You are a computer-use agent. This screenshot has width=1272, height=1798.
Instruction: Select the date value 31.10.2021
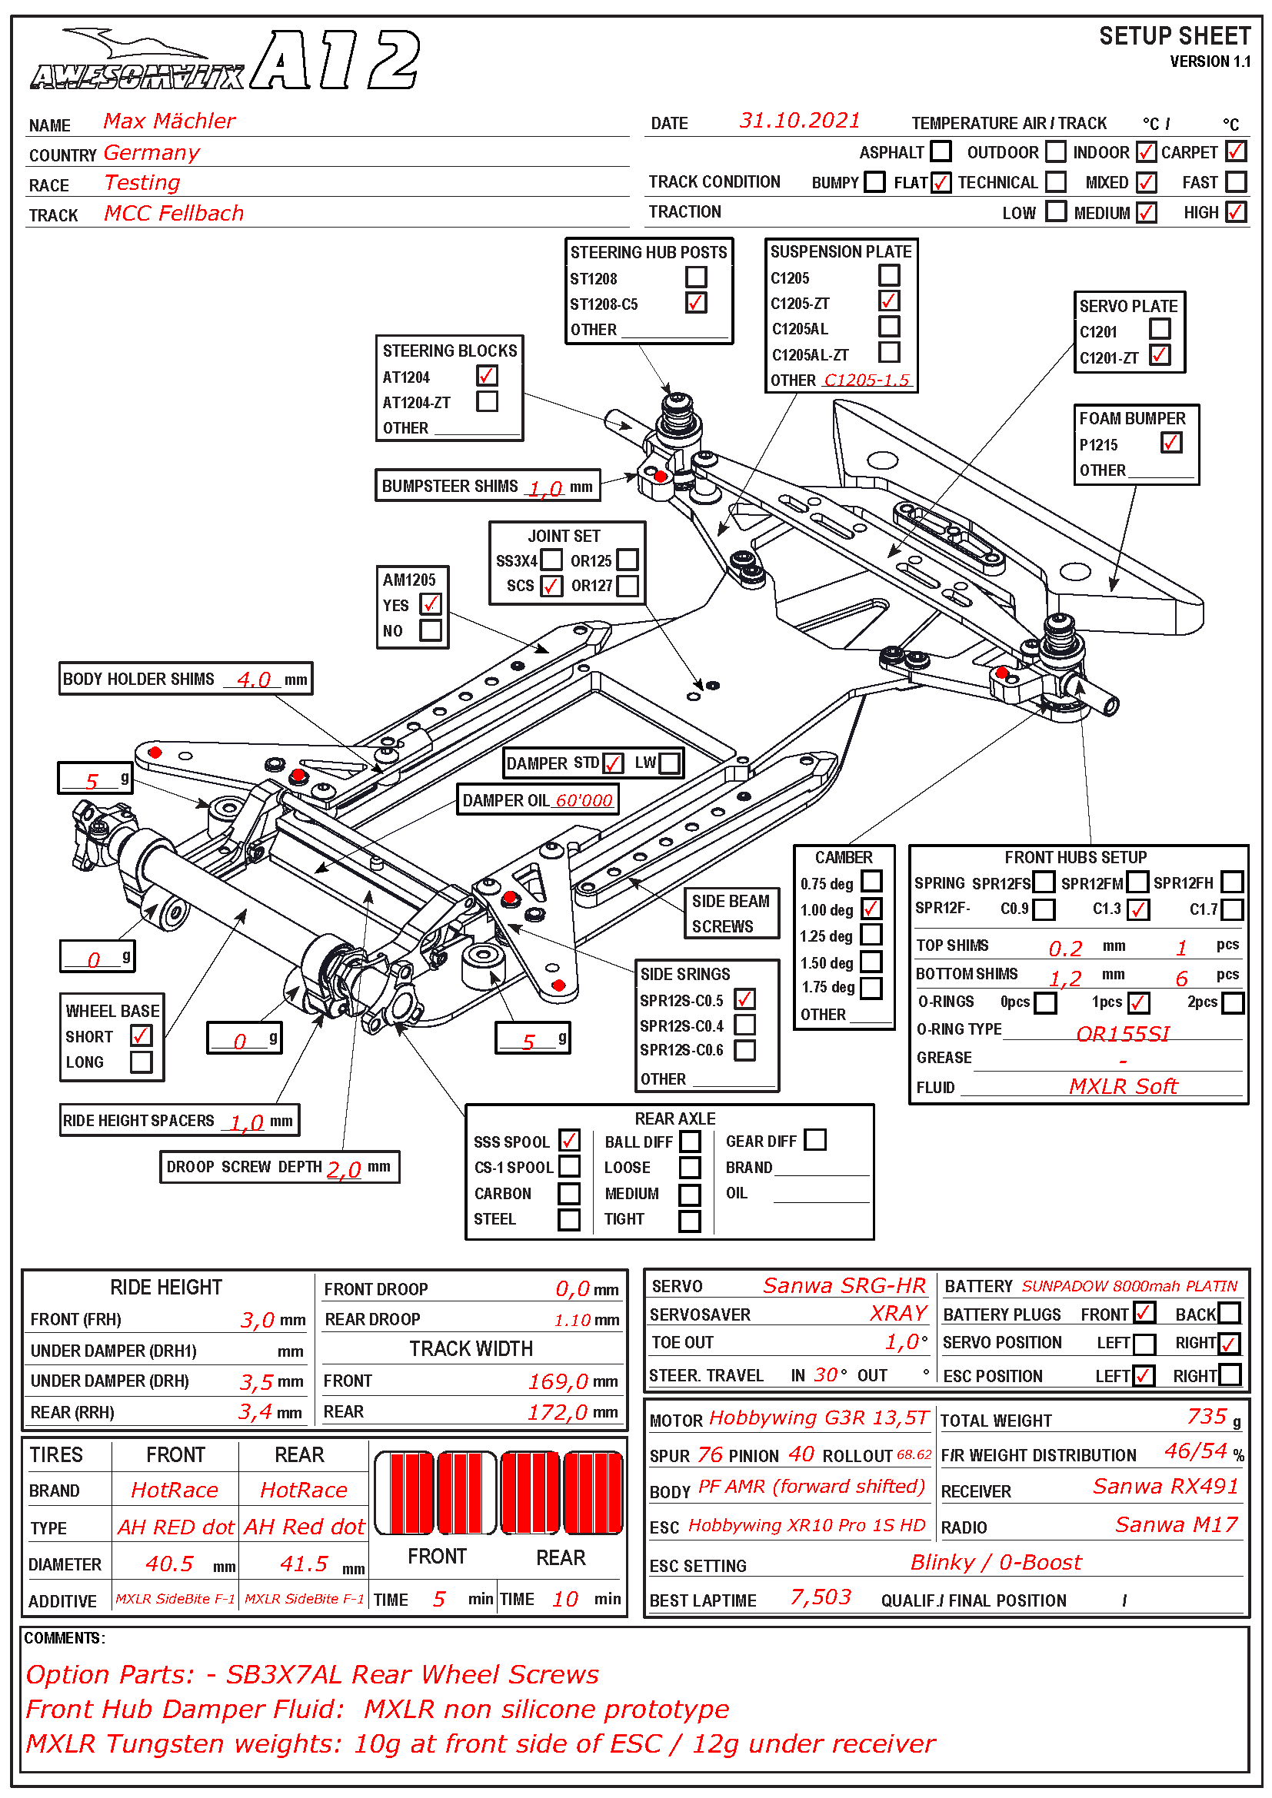(x=799, y=121)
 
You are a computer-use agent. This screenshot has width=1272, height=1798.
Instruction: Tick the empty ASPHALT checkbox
(x=941, y=151)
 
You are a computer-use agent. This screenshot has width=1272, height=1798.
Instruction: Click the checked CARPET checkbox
(x=1235, y=151)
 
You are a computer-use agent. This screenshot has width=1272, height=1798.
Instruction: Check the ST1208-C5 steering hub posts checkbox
(x=695, y=302)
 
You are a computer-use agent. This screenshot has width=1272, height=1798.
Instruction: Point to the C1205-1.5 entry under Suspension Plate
(x=866, y=380)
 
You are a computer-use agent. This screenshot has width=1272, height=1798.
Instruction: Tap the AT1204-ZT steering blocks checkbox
(x=487, y=402)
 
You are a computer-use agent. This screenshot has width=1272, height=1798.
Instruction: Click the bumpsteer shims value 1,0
(x=545, y=489)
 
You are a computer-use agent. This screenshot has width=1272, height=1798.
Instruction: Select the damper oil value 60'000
(x=584, y=800)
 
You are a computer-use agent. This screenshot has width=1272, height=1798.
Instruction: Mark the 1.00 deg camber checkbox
(x=871, y=909)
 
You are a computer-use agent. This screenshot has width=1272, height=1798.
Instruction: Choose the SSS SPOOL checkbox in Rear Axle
(x=569, y=1140)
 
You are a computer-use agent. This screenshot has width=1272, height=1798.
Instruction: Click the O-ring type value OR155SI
(x=1121, y=1034)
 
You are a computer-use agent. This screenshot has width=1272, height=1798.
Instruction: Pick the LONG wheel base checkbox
(x=142, y=1062)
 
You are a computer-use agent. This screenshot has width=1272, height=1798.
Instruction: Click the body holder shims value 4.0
(x=254, y=679)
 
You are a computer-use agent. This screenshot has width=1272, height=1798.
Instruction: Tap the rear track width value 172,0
(x=557, y=1412)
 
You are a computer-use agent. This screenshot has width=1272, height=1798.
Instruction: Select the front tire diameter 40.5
(x=169, y=1564)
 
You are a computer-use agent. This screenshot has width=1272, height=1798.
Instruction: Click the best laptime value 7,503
(x=820, y=1597)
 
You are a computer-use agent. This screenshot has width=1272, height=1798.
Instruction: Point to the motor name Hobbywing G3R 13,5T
(x=817, y=1418)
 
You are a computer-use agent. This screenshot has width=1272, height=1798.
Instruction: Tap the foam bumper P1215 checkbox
(x=1170, y=444)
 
